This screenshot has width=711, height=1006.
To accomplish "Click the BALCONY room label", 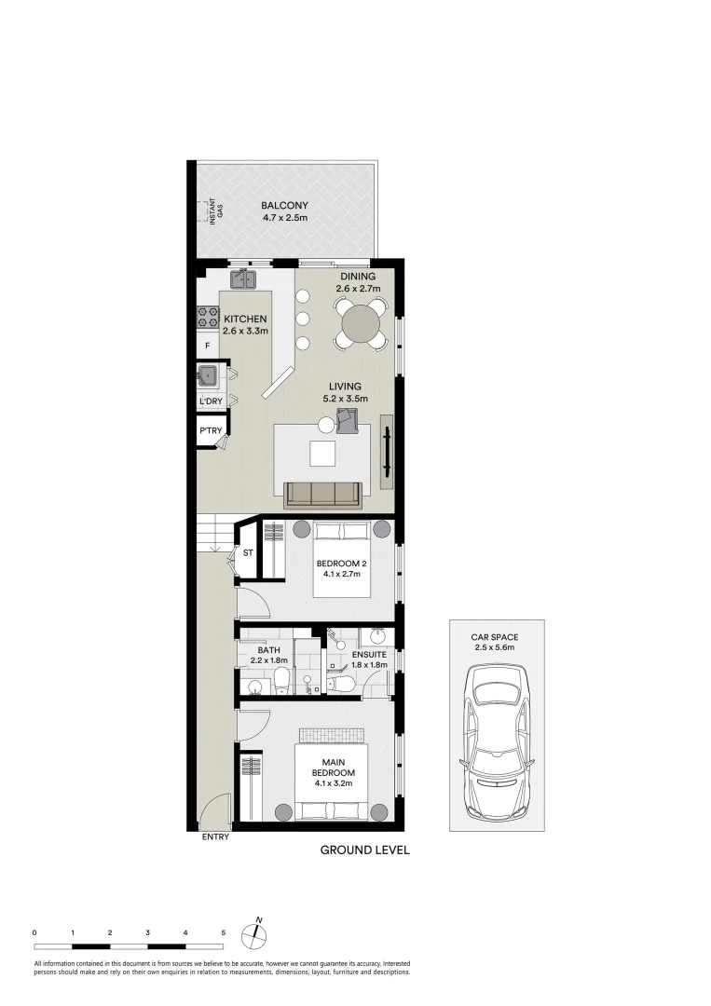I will click(284, 206).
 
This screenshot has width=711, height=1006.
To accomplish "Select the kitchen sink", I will click(243, 277).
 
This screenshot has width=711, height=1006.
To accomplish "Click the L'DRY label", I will click(212, 401).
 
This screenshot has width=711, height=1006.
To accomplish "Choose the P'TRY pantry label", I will click(210, 430).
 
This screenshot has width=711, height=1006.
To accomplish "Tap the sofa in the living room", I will click(322, 494).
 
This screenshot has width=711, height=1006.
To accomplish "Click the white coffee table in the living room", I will click(322, 454).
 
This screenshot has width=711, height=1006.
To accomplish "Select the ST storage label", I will click(247, 553).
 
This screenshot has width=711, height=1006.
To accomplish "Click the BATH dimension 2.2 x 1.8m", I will click(268, 660).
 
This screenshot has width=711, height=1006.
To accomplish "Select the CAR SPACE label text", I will click(495, 637).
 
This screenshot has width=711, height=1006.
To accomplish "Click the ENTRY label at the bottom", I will click(215, 836).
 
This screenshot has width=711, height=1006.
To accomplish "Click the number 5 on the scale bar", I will click(224, 931).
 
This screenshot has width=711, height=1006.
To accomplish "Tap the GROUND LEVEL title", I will click(364, 850).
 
